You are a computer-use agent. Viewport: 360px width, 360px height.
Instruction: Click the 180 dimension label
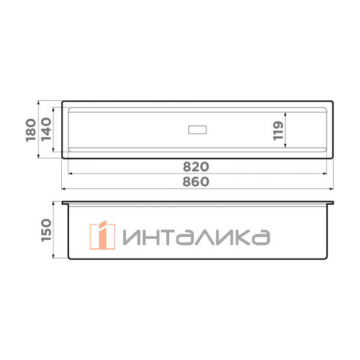point(31,130)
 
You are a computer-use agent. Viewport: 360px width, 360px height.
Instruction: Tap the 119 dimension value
point(278,130)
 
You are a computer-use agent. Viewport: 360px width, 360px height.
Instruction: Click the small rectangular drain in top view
point(197,129)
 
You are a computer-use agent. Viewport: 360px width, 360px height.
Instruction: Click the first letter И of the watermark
point(133,238)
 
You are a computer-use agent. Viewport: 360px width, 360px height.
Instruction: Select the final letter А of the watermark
point(259,238)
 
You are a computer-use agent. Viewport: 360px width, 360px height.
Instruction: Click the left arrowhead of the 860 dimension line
point(64,188)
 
